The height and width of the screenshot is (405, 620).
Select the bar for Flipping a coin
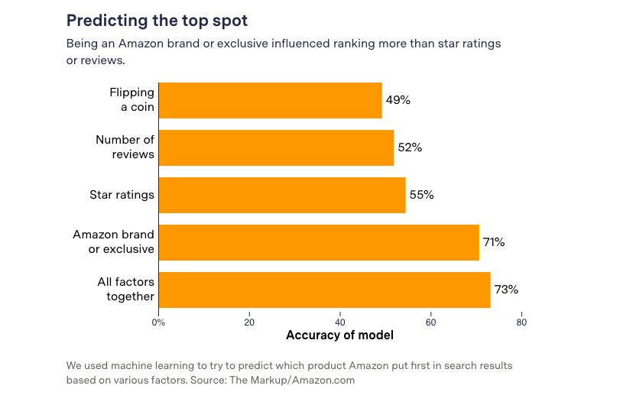tap(270, 100)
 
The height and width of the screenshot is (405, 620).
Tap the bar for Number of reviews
tap(276, 147)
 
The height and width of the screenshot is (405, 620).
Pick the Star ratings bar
tap(282, 195)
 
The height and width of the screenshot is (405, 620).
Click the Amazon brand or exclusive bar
tap(319, 242)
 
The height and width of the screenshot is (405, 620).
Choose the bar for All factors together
tap(324, 290)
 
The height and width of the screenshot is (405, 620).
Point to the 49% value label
tap(398, 100)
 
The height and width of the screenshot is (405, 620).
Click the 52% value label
tap(410, 147)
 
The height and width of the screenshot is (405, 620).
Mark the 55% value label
tap(421, 195)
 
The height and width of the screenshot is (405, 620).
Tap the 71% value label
tap(494, 242)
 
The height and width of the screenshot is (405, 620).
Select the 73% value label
tap(506, 290)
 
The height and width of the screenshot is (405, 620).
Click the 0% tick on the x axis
tap(158, 322)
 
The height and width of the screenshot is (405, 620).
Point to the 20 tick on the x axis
tap(249, 322)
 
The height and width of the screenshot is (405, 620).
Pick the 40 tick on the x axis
tap(340, 322)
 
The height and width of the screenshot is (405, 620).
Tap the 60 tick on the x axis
tap(430, 322)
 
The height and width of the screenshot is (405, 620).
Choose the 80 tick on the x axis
tap(521, 322)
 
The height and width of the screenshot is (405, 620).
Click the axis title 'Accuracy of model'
tap(339, 335)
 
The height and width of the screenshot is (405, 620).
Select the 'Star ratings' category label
tap(122, 195)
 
